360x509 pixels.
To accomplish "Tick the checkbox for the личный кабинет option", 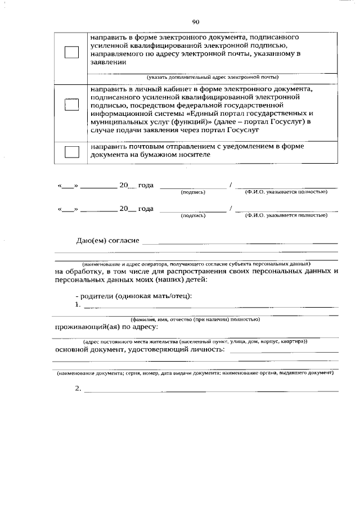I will point(71,106).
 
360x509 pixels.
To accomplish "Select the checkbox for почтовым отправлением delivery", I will point(71,151).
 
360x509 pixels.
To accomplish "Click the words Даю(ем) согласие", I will point(107,241).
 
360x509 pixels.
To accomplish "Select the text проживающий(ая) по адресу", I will point(106,327).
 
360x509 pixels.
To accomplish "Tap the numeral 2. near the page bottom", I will point(78,388).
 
